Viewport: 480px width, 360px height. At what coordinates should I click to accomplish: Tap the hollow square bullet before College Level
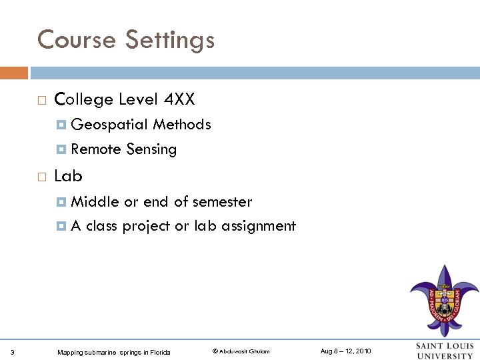pos(41,101)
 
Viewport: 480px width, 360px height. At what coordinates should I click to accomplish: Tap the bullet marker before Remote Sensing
pos(62,149)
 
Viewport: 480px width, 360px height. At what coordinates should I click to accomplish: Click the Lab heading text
pos(68,176)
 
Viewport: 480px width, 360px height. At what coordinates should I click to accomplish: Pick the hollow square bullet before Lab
pos(41,177)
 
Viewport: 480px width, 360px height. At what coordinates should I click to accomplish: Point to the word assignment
pos(259,226)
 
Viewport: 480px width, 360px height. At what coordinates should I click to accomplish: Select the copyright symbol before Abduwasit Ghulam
pos(215,351)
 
